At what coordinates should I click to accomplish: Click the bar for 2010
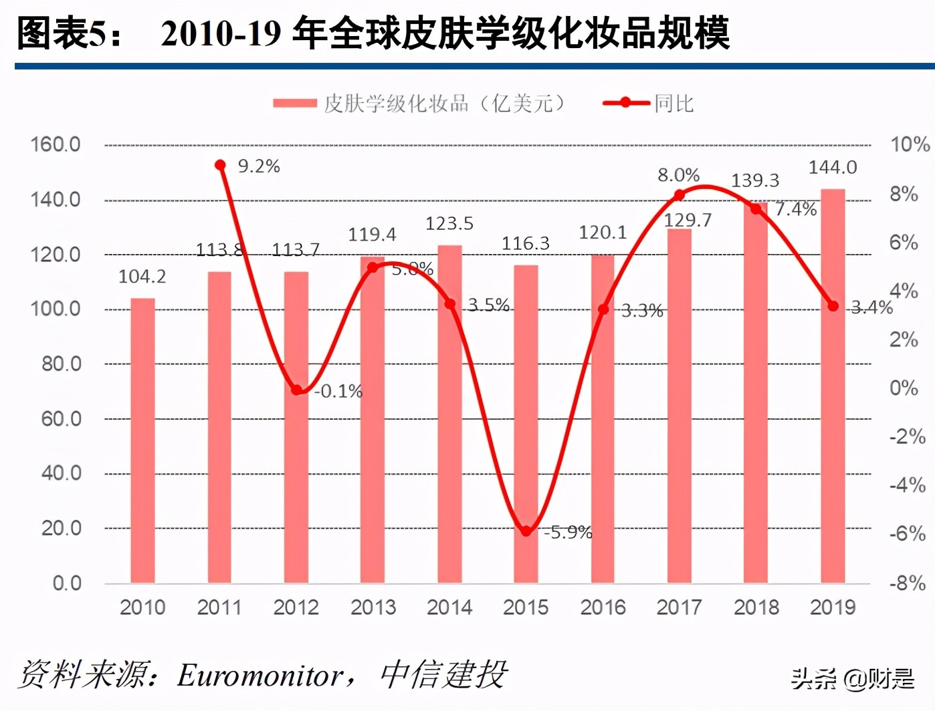point(142,441)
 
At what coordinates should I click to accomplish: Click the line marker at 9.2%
point(220,165)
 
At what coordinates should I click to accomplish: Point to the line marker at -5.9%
point(526,531)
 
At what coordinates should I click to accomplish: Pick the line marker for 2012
point(296,390)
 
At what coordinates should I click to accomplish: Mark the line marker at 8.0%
point(679,195)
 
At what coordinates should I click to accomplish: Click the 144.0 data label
point(833,167)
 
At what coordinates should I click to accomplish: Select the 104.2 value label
point(142,277)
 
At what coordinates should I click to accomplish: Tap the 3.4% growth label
point(871,307)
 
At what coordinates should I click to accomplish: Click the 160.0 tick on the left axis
point(56,144)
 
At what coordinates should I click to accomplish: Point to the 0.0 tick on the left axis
point(67,583)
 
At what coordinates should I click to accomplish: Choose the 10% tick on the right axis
point(910,144)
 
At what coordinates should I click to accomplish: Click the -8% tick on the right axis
point(907,583)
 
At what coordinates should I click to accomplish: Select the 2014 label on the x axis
point(449,607)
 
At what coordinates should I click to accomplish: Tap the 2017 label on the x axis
point(679,607)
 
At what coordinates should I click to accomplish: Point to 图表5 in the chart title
point(60,33)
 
